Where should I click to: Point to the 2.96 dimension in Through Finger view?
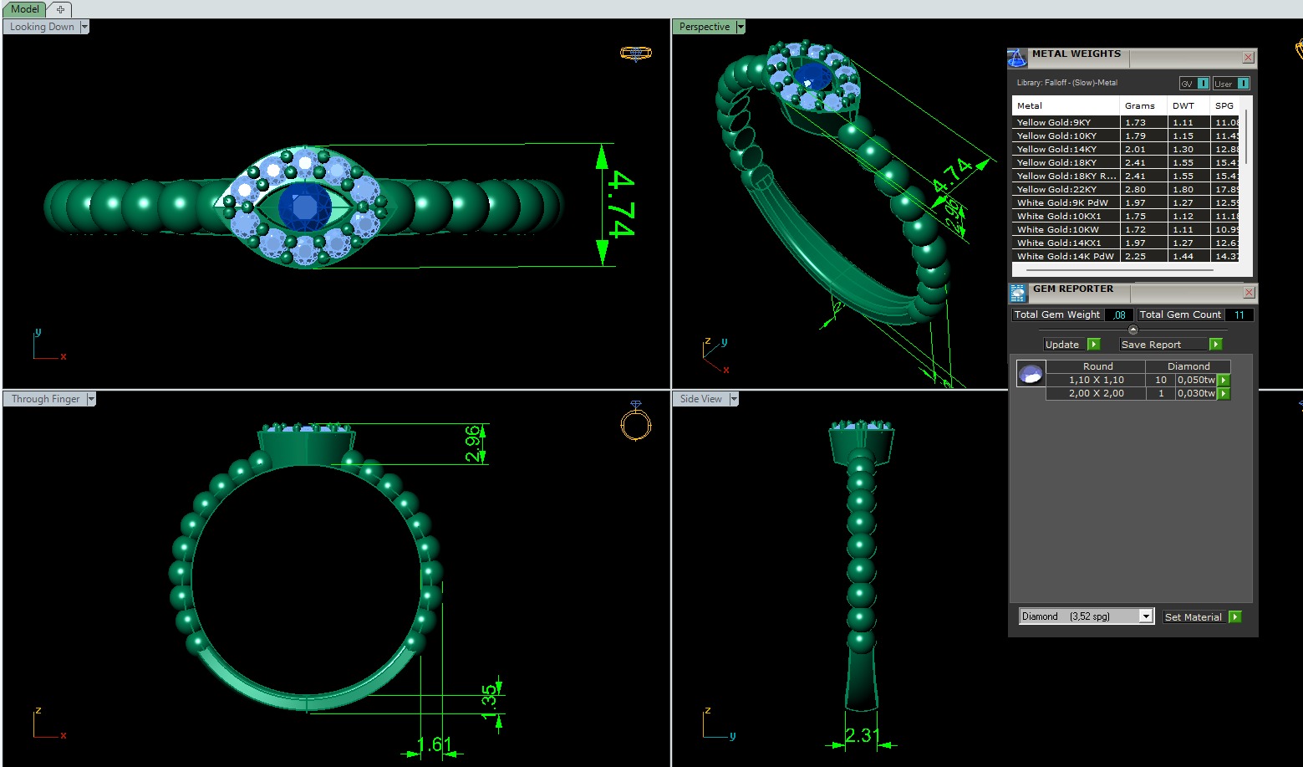pyautogui.click(x=473, y=444)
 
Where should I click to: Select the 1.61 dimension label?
pyautogui.click(x=434, y=744)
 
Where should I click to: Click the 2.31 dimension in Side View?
pyautogui.click(x=862, y=735)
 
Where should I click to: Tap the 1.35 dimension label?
pyautogui.click(x=490, y=701)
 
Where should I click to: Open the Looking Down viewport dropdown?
pyautogui.click(x=84, y=27)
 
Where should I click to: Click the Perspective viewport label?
pyautogui.click(x=704, y=27)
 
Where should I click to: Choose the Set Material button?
pyautogui.click(x=1194, y=617)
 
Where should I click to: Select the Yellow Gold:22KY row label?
pyautogui.click(x=1056, y=190)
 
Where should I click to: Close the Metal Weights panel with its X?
pyautogui.click(x=1248, y=58)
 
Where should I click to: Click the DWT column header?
pyautogui.click(x=1183, y=106)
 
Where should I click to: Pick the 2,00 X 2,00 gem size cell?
pyautogui.click(x=1096, y=393)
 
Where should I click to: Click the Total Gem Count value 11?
pyautogui.click(x=1239, y=315)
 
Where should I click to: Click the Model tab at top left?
pyautogui.click(x=24, y=9)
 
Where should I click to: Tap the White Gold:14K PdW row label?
pyautogui.click(x=1065, y=257)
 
